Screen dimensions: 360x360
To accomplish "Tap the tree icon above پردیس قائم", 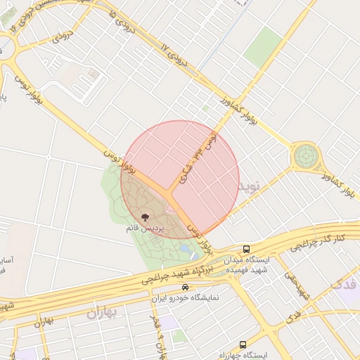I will point(146,218).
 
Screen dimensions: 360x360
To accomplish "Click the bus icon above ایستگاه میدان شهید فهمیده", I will point(246,249).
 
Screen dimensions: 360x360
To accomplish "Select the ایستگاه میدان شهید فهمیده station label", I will point(247,264).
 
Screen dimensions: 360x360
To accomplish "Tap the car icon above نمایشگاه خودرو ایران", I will point(185,287).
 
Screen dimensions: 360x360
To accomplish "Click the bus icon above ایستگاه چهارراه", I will point(243,345).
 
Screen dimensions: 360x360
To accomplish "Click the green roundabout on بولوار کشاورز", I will point(307,155).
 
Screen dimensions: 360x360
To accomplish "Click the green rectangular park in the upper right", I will point(263,46).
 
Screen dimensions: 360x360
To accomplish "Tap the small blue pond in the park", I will point(186,249).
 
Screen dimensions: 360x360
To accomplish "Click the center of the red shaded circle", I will point(180,179).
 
